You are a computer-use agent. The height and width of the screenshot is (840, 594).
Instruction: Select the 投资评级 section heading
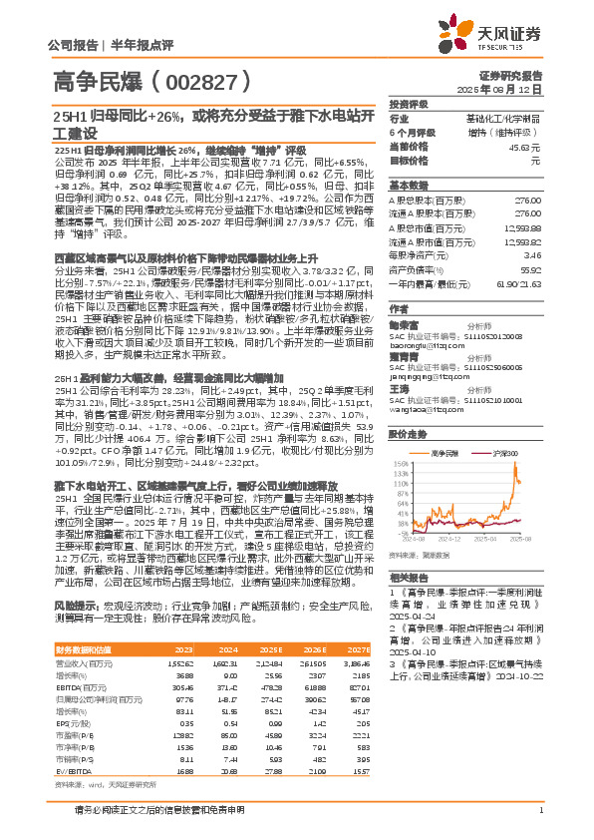click(x=409, y=104)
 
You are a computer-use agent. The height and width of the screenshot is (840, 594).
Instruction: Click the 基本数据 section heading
click(x=409, y=186)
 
